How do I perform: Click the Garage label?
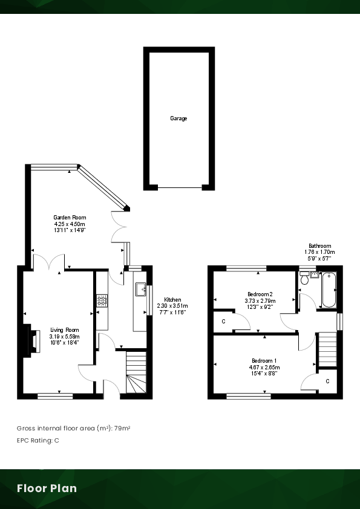(x=178, y=118)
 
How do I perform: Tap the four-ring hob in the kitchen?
(x=102, y=299)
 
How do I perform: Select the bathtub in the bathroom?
(x=329, y=290)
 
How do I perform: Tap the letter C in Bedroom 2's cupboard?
(x=223, y=321)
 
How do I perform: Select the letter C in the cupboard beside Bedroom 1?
(x=327, y=381)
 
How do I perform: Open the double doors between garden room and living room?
(x=49, y=263)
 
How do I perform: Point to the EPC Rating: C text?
(x=38, y=440)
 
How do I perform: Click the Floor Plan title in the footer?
(x=47, y=488)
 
